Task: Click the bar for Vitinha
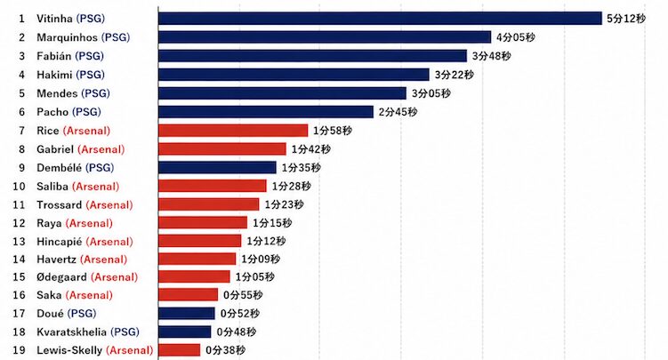tap(380, 19)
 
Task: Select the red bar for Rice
tap(233, 130)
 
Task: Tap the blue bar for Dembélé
tap(217, 167)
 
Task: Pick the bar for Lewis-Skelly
tap(179, 350)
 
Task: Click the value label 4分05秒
tap(516, 37)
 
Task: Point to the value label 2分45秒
tap(398, 112)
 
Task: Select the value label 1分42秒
tap(311, 149)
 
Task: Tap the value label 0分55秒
tap(243, 295)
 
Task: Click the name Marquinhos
tap(68, 37)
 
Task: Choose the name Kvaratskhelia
tap(71, 332)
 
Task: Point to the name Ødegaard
tap(61, 277)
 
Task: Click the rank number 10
tap(20, 187)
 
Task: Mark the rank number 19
tap(20, 350)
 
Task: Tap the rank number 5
tap(22, 93)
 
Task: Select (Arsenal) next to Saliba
tap(96, 187)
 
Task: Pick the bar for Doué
tap(186, 313)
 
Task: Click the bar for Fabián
tap(312, 56)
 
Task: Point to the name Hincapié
tap(60, 242)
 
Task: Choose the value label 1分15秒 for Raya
tap(272, 223)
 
